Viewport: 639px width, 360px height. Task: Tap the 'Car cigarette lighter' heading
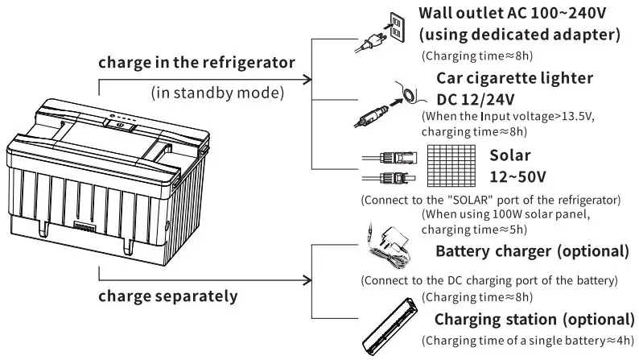514,77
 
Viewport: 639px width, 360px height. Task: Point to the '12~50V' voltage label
519,175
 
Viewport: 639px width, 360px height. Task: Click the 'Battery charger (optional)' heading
531,250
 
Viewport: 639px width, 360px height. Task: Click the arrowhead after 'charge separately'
307,280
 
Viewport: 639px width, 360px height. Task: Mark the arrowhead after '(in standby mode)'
307,79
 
